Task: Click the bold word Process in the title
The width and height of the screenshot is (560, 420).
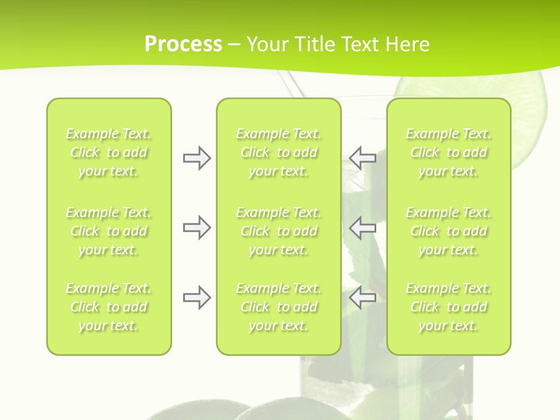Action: pyautogui.click(x=183, y=44)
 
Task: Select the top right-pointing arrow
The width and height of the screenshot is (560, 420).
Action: pyautogui.click(x=197, y=157)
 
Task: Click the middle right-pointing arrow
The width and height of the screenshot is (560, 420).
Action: pyautogui.click(x=197, y=228)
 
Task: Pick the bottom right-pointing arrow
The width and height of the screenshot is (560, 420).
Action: pyautogui.click(x=197, y=298)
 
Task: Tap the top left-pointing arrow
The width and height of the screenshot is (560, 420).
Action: pyautogui.click(x=363, y=157)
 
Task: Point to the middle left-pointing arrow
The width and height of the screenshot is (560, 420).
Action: pyautogui.click(x=363, y=228)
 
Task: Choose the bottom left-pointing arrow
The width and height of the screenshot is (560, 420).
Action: pyautogui.click(x=363, y=298)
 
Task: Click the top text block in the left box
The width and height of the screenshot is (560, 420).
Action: pyautogui.click(x=108, y=152)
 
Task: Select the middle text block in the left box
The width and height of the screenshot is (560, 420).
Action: pyautogui.click(x=108, y=231)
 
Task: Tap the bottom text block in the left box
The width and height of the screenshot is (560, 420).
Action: pyautogui.click(x=108, y=307)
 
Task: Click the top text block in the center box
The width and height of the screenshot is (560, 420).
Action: pyautogui.click(x=278, y=152)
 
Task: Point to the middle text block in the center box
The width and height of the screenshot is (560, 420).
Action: pyautogui.click(x=278, y=231)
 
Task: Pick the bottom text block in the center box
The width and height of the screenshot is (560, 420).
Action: pyautogui.click(x=278, y=307)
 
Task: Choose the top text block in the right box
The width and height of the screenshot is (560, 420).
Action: pyautogui.click(x=448, y=152)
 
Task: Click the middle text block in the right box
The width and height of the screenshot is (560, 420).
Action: pyautogui.click(x=448, y=231)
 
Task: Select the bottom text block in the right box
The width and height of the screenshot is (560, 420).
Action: pyautogui.click(x=448, y=307)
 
